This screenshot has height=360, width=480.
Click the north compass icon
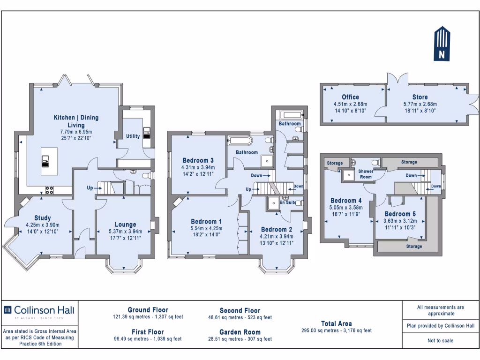442,44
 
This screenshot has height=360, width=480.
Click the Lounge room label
125,225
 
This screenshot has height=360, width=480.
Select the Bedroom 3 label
198,160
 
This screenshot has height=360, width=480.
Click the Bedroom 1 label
206,221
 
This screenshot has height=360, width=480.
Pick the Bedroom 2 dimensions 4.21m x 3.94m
277,236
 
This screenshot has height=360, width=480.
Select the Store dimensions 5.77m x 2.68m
420,104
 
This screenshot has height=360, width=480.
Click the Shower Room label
366,174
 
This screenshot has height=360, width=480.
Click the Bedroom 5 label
400,213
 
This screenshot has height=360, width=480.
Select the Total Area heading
337,323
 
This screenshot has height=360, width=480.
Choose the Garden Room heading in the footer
240,332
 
